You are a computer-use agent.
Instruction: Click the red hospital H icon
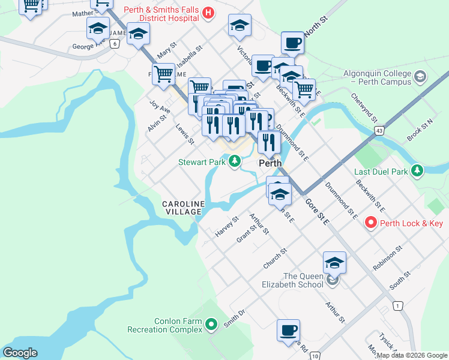pos(208,13)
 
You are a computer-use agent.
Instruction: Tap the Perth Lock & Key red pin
pos(371,224)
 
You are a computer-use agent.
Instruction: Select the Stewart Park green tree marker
pos(234,161)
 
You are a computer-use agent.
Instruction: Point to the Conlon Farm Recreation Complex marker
pos(211,325)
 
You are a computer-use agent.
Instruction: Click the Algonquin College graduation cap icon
pos(420,76)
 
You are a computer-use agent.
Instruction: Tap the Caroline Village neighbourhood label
pos(183,208)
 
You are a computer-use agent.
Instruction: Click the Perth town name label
pos(270,163)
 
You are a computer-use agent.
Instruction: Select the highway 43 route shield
pos(379,130)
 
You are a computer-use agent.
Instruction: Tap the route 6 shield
pos(115,44)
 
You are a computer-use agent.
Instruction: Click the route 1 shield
pos(397,306)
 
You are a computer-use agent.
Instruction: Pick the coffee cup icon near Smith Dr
pos(288,330)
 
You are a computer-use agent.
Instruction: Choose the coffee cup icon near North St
pos(292,43)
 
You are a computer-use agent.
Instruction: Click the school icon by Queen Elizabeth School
pos(334,263)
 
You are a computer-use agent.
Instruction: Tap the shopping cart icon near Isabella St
pos(163,74)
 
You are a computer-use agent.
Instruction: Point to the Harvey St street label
pos(227,226)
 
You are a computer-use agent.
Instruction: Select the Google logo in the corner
pos(20,353)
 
